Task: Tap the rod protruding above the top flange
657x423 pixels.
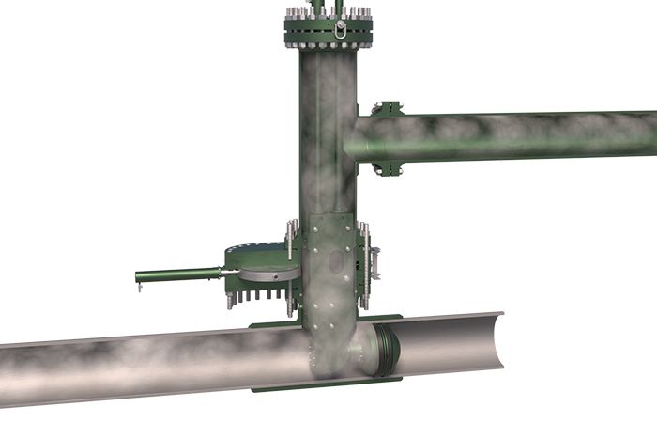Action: tap(318, 8)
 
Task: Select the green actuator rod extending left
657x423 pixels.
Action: tap(178, 275)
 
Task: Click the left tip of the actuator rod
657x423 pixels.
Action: tap(139, 277)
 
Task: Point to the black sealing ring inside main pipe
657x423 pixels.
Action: tap(387, 347)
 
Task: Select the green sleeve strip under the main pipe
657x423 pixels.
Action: tap(319, 386)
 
